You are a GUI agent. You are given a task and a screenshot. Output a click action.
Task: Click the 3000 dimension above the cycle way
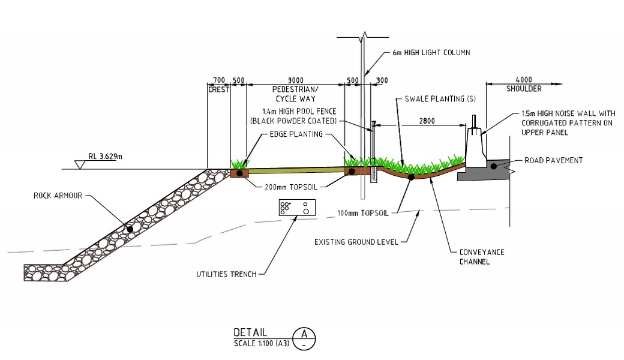point(295,80)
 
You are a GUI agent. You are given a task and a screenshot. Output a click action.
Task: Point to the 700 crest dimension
point(218,80)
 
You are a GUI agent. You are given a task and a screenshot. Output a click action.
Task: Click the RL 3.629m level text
point(105,157)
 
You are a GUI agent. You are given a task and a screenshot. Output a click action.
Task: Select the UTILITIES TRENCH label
point(226,274)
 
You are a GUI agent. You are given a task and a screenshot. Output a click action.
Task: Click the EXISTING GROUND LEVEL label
point(356,242)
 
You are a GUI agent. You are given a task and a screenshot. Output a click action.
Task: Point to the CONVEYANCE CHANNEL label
point(482,257)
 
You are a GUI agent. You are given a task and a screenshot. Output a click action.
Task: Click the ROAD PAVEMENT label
point(554,161)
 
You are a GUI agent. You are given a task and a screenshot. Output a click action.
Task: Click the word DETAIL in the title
point(250,333)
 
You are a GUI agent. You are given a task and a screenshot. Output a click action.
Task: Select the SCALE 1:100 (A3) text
point(260,343)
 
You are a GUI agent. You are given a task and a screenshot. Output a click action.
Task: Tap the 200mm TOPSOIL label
point(286,187)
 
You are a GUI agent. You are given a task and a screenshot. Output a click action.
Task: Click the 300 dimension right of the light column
point(382,80)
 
